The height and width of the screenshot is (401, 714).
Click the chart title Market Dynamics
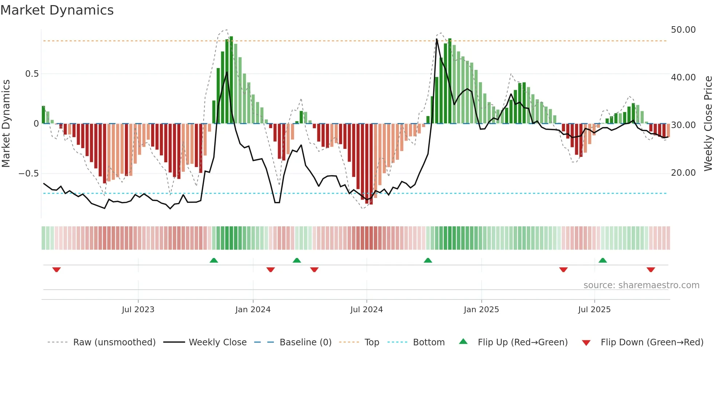point(57,10)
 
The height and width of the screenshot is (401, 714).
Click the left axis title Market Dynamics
point(6,124)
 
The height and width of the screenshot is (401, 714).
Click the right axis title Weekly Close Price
point(708,124)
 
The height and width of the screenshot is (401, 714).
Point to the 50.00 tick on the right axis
point(683,30)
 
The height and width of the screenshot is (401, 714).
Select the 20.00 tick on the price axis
point(683,173)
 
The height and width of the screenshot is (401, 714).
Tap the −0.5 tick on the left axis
point(28,174)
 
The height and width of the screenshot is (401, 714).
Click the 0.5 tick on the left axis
point(32,74)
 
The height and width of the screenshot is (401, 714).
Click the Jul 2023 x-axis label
point(138,310)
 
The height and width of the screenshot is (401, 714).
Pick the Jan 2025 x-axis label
point(481,310)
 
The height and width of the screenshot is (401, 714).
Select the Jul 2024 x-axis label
point(366,310)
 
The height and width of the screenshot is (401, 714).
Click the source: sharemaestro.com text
point(641,285)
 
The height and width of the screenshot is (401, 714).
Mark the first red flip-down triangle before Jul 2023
point(56,270)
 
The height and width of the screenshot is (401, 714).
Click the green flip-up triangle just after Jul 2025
point(603,260)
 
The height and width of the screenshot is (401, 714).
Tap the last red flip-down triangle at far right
point(651,270)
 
